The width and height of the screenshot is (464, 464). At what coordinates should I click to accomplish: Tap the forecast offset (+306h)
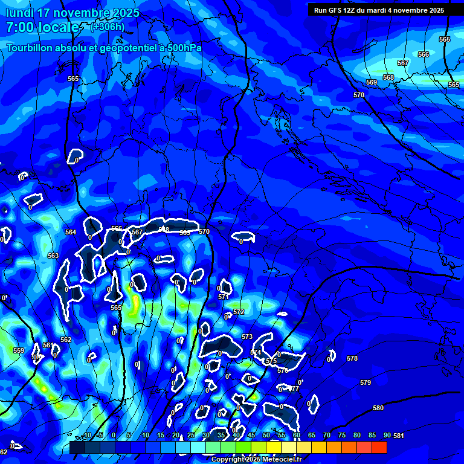coord(108,27)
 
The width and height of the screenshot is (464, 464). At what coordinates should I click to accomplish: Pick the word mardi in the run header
coord(393,10)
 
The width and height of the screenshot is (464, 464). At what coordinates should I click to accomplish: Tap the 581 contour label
coord(399,436)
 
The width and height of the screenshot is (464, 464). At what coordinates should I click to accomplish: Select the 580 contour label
coord(378,408)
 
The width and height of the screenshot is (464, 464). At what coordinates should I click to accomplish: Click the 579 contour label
coord(365,382)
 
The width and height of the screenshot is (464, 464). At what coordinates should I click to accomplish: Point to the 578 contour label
coord(352,358)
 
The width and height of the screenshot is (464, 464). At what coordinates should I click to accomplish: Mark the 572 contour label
coord(239,312)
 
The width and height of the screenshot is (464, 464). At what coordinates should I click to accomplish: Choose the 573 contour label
coord(247,336)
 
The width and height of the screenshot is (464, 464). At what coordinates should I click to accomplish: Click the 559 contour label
coord(19,350)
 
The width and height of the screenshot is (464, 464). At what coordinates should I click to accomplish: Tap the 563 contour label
coord(53,256)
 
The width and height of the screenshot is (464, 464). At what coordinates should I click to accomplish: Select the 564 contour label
coord(71,232)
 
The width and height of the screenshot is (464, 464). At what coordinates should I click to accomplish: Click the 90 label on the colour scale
coord(387,435)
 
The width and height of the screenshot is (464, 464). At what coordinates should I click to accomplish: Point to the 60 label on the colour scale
coord(297,435)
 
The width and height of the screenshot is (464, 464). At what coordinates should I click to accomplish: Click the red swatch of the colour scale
coord(379,447)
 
